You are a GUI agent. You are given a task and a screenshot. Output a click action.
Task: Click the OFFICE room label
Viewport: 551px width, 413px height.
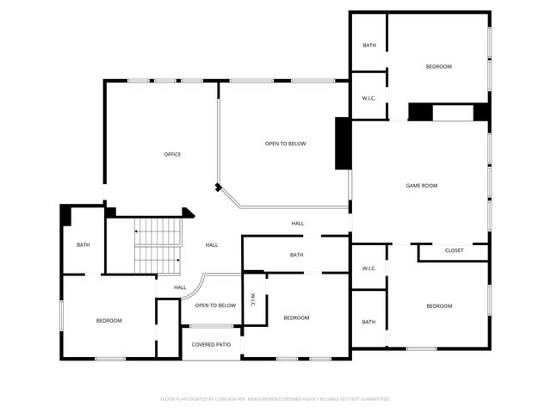172,155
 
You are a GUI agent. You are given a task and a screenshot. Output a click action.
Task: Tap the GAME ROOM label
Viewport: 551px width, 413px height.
422,186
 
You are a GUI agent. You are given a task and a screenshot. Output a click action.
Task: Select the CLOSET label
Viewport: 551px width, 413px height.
454,250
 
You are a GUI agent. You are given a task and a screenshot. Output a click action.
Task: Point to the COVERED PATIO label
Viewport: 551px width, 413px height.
211,344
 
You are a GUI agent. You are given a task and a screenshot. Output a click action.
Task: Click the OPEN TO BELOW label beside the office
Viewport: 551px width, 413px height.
285,144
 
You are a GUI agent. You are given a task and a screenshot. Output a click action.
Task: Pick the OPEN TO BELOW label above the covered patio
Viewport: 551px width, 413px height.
215,305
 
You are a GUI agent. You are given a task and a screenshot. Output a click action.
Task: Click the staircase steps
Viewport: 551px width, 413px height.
156,243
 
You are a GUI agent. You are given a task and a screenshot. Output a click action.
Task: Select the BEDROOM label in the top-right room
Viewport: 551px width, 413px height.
438,66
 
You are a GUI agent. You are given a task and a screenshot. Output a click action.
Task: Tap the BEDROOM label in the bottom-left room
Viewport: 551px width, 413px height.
108,321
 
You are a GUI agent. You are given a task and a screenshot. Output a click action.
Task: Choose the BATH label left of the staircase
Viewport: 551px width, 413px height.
83,245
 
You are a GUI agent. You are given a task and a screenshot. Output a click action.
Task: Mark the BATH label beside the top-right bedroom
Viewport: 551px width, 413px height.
368,46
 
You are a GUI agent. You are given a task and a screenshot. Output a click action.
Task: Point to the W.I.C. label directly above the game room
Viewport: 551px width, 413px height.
368,97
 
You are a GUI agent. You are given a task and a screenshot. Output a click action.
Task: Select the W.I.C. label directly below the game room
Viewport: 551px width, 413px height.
368,268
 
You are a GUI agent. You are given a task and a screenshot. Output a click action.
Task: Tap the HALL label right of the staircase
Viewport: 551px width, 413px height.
211,245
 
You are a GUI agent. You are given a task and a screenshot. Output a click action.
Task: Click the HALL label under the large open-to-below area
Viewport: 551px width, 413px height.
297,224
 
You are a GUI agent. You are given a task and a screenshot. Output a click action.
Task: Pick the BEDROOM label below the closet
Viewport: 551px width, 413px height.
438,306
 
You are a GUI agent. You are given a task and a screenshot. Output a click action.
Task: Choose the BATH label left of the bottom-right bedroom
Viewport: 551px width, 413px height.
368,322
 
